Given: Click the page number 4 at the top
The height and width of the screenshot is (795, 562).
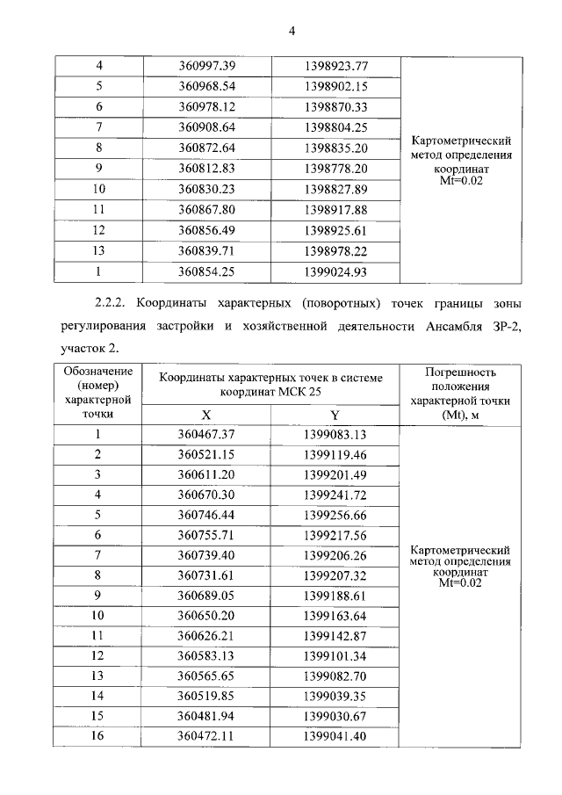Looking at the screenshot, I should pyautogui.click(x=292, y=32).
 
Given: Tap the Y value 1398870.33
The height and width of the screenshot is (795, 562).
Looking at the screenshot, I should pyautogui.click(x=335, y=107).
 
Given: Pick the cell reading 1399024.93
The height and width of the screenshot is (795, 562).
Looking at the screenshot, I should pyautogui.click(x=335, y=271).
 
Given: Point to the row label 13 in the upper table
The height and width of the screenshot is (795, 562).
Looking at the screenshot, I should pyautogui.click(x=99, y=251).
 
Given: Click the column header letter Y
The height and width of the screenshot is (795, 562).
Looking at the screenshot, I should pyautogui.click(x=335, y=415).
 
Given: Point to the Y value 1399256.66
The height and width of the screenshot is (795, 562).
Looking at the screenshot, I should pyautogui.click(x=335, y=515).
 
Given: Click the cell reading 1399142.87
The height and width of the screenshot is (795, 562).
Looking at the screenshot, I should pyautogui.click(x=335, y=635).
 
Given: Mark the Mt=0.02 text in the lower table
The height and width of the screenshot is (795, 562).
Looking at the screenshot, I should pyautogui.click(x=460, y=582).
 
